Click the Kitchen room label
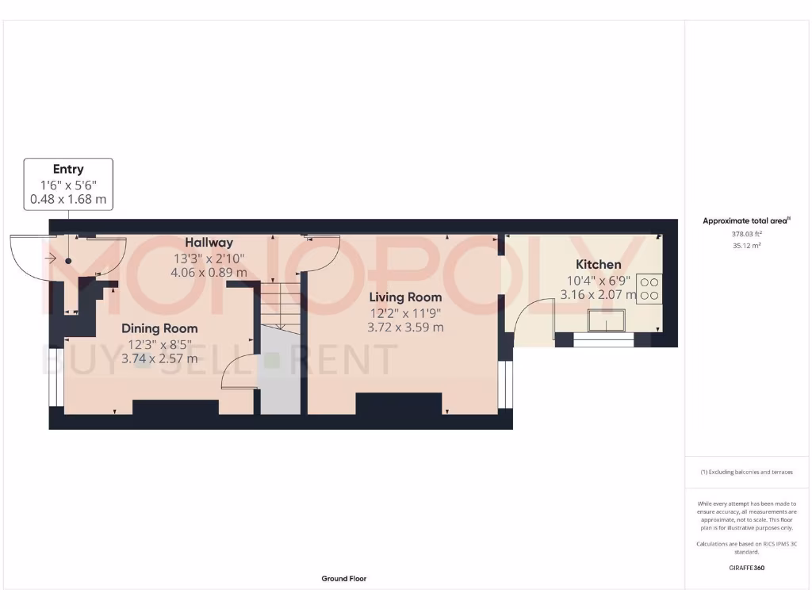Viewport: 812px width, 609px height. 598,264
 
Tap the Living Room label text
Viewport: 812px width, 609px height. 404,297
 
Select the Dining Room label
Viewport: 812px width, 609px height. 159,328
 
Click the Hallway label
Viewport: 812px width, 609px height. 209,243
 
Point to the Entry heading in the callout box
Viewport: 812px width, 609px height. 68,169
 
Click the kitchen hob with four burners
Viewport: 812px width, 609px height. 649,288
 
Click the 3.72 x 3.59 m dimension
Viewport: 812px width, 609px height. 404,327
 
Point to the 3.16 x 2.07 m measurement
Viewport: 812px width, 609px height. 598,294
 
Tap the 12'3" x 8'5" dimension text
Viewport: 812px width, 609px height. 159,343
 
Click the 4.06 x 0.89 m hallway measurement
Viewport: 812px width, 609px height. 209,272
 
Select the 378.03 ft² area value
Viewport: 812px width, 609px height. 746,234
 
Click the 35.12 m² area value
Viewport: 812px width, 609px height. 746,246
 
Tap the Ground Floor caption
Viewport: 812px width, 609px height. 344,579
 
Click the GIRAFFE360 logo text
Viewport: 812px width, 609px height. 746,568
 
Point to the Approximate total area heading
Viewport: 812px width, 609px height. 746,221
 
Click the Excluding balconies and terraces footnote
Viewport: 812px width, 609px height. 746,472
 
